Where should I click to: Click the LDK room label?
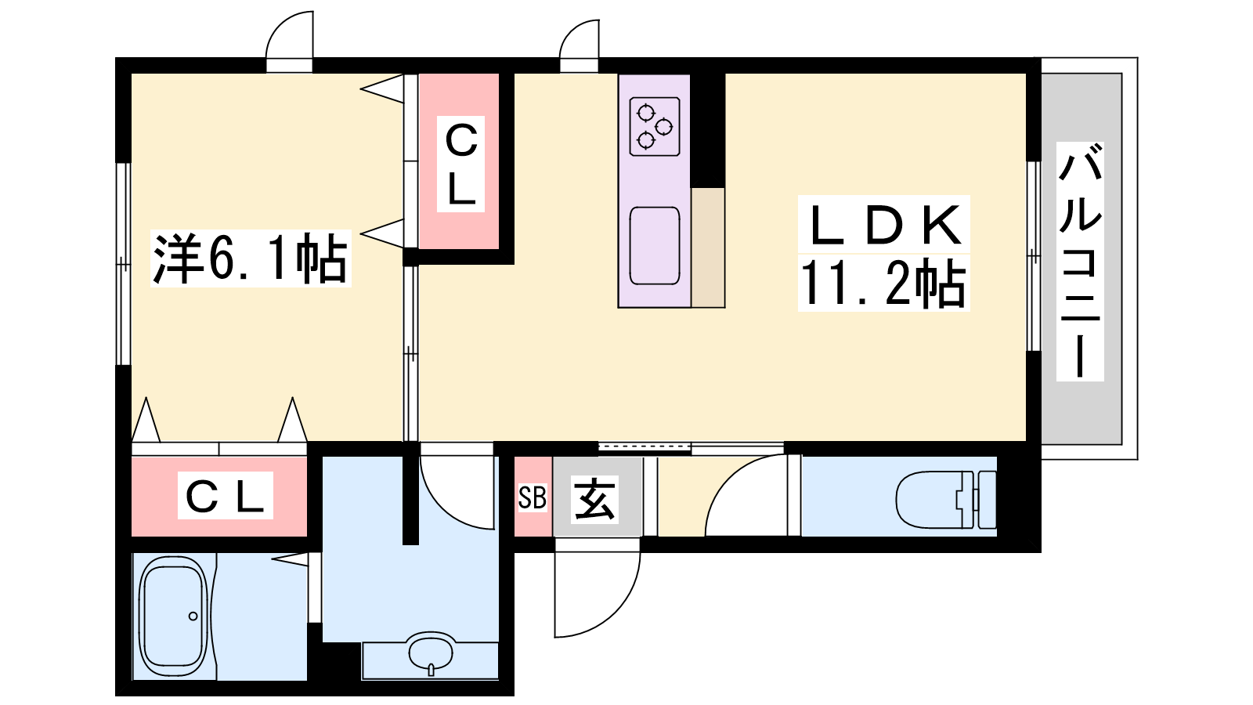coord(884,224)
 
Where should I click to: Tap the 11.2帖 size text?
coord(884,283)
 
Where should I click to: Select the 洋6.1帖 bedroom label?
coord(250,259)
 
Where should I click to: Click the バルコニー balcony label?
coord(1080,262)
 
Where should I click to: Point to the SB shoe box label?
coord(532,497)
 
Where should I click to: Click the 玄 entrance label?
coord(594,498)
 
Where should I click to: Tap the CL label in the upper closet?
coord(461,164)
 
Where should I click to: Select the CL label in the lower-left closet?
coord(225,495)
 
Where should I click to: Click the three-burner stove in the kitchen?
coord(655,126)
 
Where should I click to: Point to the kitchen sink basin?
coord(655,246)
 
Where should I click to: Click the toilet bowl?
coord(930,500)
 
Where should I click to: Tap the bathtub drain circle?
coord(193,616)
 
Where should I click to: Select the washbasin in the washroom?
coord(430,652)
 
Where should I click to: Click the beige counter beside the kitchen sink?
coord(708,248)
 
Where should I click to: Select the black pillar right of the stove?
coord(708,130)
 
